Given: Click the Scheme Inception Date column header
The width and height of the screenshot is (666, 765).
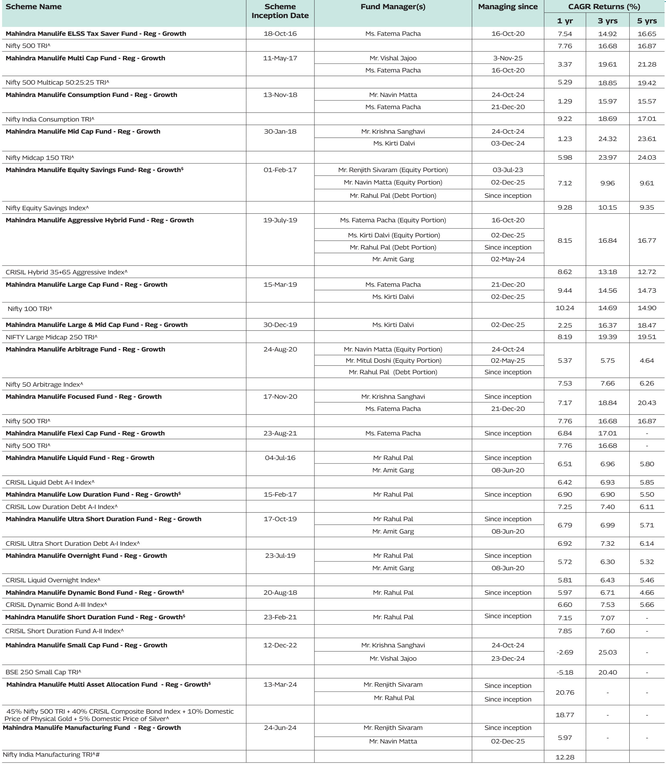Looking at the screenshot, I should [280, 11].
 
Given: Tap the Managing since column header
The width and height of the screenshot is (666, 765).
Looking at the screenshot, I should [508, 7].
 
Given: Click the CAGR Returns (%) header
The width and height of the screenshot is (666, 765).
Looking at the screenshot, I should [604, 7].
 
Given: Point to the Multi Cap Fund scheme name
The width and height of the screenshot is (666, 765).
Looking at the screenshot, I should [85, 58].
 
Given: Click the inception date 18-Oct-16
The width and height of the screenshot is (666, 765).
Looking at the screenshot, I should [280, 34].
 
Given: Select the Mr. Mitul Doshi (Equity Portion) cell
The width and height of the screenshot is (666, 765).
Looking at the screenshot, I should [393, 361].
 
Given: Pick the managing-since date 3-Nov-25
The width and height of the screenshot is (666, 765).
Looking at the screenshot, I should [508, 58].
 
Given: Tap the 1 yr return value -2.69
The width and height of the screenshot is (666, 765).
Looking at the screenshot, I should [565, 652].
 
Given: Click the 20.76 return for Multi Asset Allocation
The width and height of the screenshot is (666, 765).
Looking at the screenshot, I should [565, 693].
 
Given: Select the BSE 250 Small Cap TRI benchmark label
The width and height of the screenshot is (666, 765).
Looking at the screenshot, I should [43, 672].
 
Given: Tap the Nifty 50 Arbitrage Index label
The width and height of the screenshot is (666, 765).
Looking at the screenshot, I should [44, 384].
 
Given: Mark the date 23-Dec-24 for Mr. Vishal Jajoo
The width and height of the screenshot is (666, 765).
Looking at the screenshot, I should [508, 659].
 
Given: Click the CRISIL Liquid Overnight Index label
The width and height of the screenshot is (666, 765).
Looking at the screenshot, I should [53, 580].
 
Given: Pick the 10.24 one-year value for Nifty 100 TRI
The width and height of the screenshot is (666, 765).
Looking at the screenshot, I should [565, 308].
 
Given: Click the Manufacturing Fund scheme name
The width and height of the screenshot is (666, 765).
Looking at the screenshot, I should [92, 728].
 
